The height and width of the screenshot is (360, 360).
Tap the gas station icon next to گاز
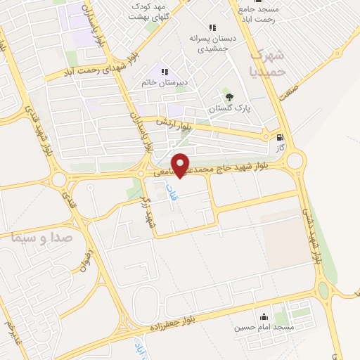[x=281, y=138]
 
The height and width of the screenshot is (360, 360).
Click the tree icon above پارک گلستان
[x=227, y=97]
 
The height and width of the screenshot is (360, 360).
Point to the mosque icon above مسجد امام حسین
[x=263, y=316]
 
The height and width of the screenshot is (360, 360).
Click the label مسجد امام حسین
[x=264, y=328]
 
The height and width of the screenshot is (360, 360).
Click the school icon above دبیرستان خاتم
[x=165, y=71]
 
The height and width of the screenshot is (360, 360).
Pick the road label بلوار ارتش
[x=177, y=127]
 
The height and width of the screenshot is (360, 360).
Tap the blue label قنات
[x=171, y=191]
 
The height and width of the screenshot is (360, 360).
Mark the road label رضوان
[x=86, y=261]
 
